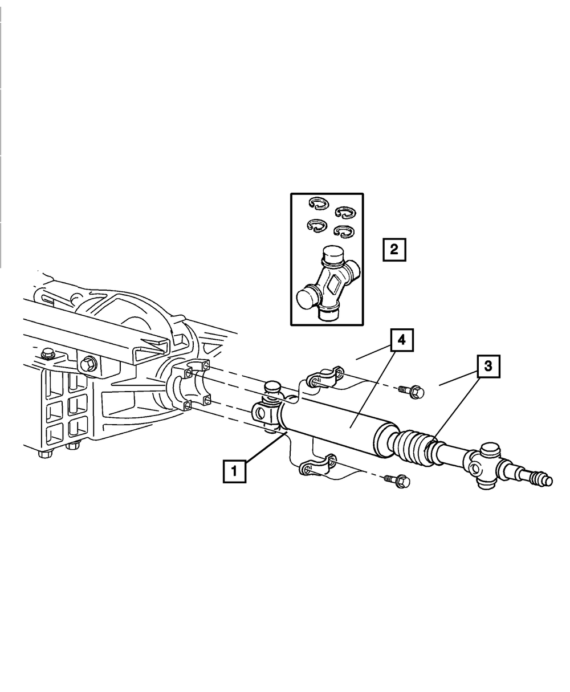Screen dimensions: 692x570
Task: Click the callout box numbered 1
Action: pyautogui.click(x=234, y=471)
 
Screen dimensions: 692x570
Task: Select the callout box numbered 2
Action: pyautogui.click(x=394, y=249)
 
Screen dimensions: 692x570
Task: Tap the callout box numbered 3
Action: pyautogui.click(x=488, y=367)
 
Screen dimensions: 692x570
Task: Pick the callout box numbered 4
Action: pyautogui.click(x=401, y=340)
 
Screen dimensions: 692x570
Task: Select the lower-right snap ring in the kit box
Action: pyautogui.click(x=342, y=231)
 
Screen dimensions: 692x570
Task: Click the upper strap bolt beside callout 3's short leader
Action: pyautogui.click(x=413, y=392)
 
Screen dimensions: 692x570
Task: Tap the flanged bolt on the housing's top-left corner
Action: pyautogui.click(x=48, y=353)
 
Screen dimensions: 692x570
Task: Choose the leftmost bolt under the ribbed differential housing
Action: pyautogui.click(x=43, y=454)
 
